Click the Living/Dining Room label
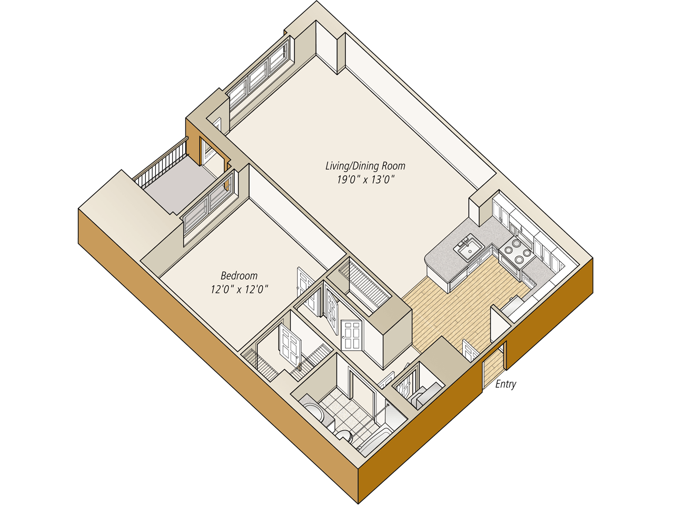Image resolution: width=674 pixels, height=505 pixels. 365,166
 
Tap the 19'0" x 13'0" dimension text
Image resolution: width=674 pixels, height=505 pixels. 365,180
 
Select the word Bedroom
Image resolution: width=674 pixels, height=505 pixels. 239,276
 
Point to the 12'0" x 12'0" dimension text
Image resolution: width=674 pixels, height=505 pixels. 239,289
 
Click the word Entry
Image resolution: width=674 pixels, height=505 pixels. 506,385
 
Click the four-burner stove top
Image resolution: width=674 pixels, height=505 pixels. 517,251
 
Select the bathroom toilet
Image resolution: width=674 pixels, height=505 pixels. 345,436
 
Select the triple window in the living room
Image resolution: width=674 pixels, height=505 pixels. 259,76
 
